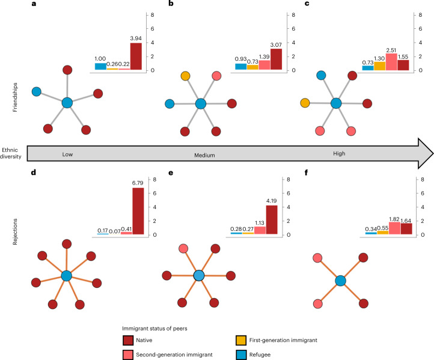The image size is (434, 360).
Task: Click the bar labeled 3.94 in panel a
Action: (136, 56)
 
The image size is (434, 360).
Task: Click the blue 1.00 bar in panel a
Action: (100, 66)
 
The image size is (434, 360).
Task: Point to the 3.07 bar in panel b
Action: (276, 59)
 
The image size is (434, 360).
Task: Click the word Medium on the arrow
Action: (205, 154)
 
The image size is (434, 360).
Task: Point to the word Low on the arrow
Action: (68, 154)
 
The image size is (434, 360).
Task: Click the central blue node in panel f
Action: (341, 281)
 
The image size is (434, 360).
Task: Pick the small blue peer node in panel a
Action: (37, 91)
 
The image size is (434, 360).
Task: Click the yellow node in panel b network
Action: (185, 76)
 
